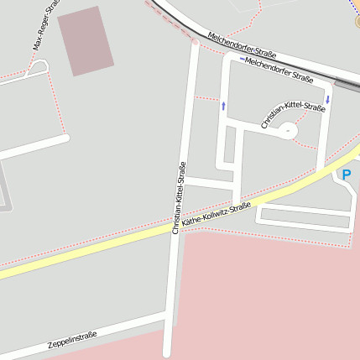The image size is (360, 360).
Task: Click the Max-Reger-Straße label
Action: tap(46, 25)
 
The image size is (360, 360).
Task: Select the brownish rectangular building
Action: tap(85, 39)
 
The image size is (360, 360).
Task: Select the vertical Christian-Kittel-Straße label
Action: tap(178, 197)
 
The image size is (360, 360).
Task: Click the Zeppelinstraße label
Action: tap(72, 339)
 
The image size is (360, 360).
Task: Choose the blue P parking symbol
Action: tap(346, 175)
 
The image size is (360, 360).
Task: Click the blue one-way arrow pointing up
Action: tap(224, 105)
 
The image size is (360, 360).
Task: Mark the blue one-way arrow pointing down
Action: tap(327, 99)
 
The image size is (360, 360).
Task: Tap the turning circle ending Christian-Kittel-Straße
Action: tap(287, 130)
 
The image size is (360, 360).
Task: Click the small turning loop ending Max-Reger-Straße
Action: tap(37, 69)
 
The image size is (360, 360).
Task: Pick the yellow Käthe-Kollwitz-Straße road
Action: tap(101, 248)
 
